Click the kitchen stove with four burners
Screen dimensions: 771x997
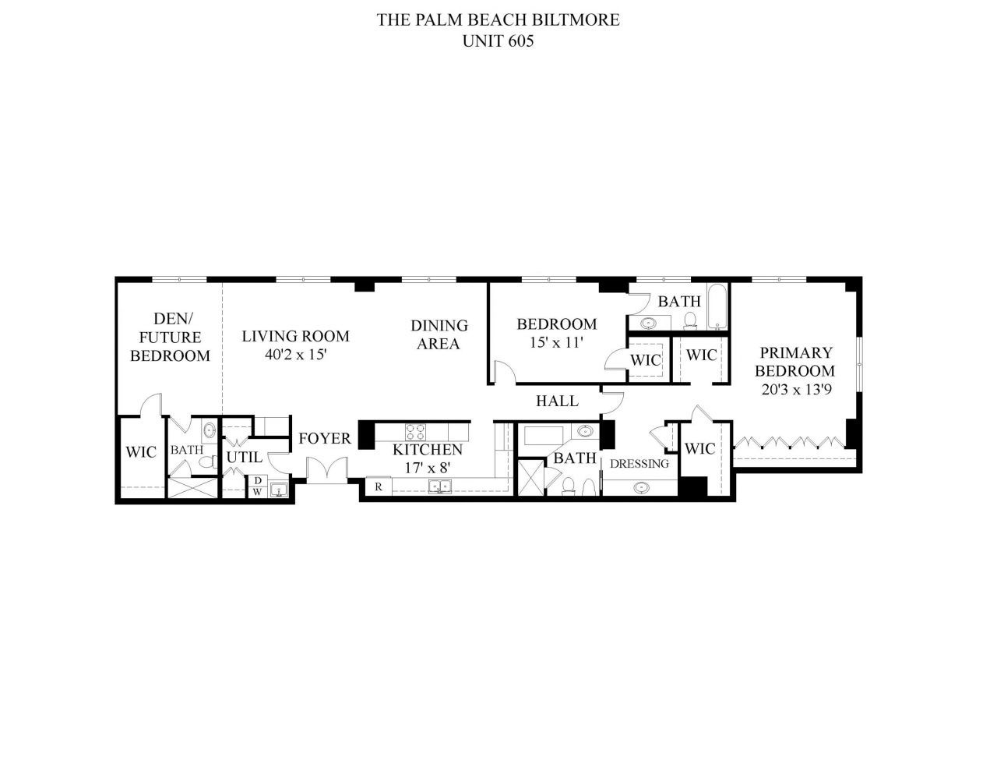416,430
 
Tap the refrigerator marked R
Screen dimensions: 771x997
378,487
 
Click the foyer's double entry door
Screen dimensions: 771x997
326,472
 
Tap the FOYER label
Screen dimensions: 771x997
325,439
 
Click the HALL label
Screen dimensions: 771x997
557,401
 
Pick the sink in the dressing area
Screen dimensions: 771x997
641,487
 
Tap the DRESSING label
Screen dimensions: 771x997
639,464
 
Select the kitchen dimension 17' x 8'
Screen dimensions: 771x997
427,468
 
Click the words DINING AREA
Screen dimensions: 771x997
439,334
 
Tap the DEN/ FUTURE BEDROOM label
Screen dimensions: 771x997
169,337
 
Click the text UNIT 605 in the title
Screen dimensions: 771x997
498,42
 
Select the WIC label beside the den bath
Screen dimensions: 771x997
141,451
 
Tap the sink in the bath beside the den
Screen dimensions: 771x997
209,430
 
